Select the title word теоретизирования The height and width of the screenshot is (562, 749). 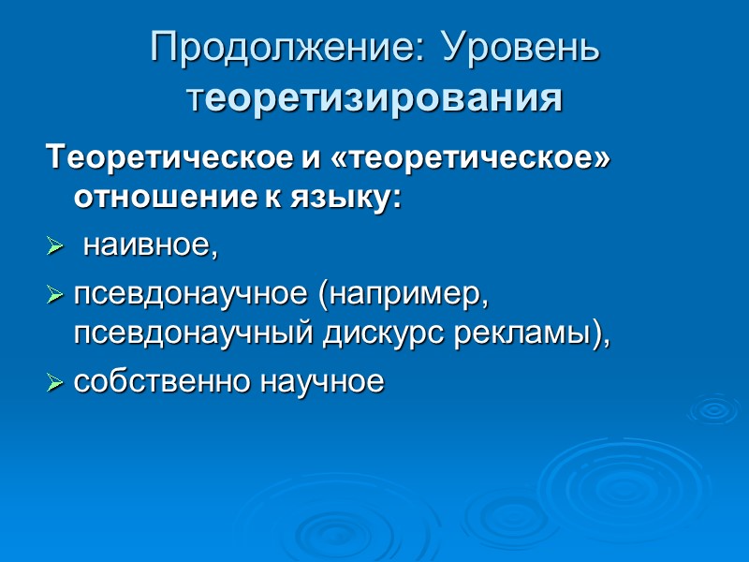pos(374,97)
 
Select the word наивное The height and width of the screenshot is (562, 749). pos(150,247)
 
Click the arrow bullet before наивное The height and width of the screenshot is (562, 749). pos(53,248)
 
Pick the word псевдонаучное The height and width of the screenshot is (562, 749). pos(191,296)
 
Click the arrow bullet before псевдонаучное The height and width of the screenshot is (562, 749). pos(53,297)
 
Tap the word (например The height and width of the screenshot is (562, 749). pos(404,296)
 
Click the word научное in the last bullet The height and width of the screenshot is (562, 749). pos(329,382)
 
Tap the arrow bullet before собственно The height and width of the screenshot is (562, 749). pos(53,383)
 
